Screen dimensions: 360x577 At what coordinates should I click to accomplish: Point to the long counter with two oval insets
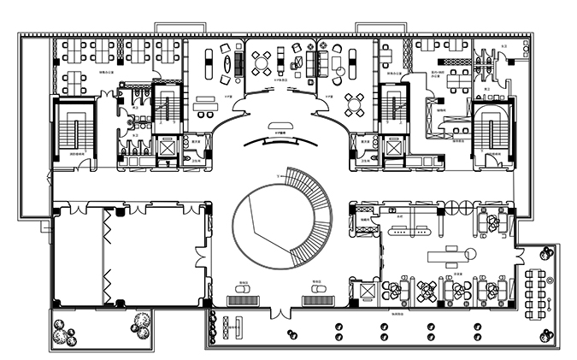[415, 229]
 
